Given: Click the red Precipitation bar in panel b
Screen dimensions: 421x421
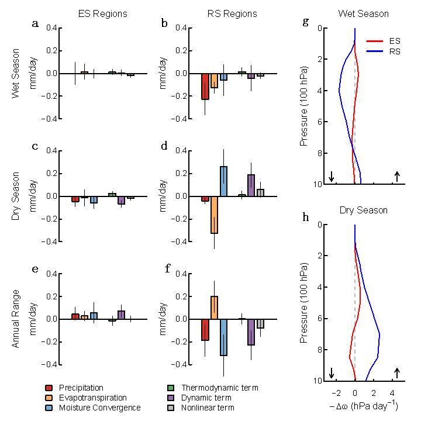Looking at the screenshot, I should [205, 87].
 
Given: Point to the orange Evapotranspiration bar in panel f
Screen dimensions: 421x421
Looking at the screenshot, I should [215, 308].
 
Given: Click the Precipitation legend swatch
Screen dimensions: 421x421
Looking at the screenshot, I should [49, 388].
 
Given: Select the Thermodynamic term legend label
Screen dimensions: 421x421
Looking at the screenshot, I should [219, 388].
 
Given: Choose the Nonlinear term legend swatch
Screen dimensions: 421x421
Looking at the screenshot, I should [171, 408].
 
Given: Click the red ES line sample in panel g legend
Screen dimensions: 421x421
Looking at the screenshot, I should [375, 42].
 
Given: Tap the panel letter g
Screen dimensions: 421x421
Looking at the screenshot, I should [306, 22].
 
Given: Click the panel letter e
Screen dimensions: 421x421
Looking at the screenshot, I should [35, 269].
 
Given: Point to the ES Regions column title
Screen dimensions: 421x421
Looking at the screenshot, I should [94, 13].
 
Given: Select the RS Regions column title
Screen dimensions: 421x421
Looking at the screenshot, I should [223, 13].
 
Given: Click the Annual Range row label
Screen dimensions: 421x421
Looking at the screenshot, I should [16, 319].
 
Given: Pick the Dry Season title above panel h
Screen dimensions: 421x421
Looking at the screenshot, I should [363, 210].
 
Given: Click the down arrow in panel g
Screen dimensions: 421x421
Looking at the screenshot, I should [332, 177].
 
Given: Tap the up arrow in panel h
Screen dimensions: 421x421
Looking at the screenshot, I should [397, 373].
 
